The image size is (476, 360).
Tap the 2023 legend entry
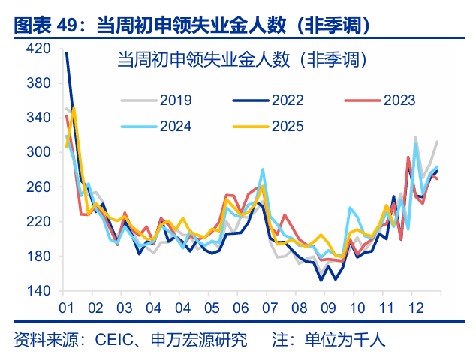click(x=399, y=100)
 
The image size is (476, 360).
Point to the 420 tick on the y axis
click(x=38, y=49)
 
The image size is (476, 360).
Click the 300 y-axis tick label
click(x=38, y=152)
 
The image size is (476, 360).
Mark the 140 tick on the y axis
click(x=38, y=291)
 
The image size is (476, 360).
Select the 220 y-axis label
click(x=38, y=222)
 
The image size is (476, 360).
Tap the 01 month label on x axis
click(x=65, y=308)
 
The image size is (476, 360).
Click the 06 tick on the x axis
click(x=241, y=308)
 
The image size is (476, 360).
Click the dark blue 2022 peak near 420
click(x=67, y=53)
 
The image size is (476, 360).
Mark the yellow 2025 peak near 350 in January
click(x=74, y=107)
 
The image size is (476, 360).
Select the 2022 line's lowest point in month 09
click(x=321, y=280)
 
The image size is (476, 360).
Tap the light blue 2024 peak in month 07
click(x=263, y=169)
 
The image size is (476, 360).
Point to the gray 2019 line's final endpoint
click(x=438, y=141)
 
